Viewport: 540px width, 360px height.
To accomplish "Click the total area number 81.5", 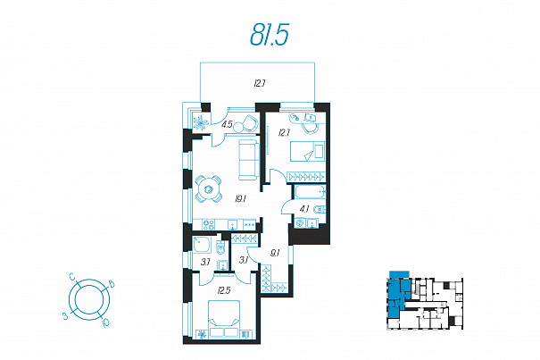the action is [x=270, y=35].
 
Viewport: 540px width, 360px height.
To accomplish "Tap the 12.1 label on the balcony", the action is [x=260, y=83].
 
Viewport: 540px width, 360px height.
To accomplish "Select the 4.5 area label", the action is [x=227, y=124].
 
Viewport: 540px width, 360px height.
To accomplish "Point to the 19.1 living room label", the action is [x=240, y=199].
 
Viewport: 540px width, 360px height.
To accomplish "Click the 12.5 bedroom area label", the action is [x=224, y=290].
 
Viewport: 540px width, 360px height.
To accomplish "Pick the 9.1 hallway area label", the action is [x=275, y=253].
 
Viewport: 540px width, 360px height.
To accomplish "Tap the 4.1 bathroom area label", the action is [x=304, y=209].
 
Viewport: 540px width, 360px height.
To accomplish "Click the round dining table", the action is [x=208, y=189].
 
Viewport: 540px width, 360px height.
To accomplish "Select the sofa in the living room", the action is [x=248, y=160].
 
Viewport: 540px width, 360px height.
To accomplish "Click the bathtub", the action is [x=309, y=192].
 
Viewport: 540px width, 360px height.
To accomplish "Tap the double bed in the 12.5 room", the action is [x=224, y=318].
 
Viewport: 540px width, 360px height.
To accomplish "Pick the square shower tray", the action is [x=202, y=244].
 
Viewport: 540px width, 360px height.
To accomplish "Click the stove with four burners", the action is [x=209, y=224].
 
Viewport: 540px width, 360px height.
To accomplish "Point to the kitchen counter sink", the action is [x=233, y=224].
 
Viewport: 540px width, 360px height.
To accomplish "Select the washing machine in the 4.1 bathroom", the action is [x=300, y=222].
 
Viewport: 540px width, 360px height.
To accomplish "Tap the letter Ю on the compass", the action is [x=105, y=322].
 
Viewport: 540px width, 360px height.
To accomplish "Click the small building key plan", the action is [x=425, y=300].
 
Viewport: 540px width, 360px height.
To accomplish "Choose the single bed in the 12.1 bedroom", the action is [x=308, y=151].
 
